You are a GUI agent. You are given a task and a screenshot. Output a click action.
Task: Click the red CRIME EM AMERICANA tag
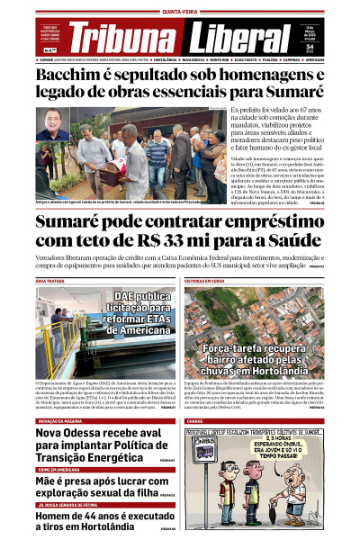point(60,470)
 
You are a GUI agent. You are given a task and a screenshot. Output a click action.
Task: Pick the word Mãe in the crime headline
point(50,481)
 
